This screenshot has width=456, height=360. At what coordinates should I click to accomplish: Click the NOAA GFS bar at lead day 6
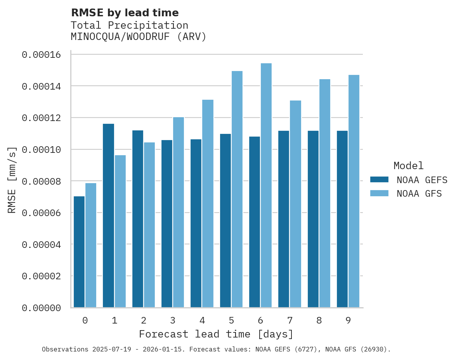pyautogui.click(x=266, y=185)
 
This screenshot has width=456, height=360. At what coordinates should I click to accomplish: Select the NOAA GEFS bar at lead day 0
pyautogui.click(x=79, y=252)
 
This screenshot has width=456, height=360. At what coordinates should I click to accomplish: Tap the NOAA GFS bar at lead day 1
pyautogui.click(x=120, y=231)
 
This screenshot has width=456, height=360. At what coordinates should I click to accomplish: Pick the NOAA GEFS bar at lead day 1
pyautogui.click(x=109, y=216)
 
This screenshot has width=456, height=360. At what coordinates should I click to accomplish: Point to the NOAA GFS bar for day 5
pyautogui.click(x=237, y=189)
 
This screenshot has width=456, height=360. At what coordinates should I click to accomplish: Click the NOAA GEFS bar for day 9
pyautogui.click(x=342, y=219)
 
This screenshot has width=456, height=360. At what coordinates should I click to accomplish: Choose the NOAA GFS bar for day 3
pyautogui.click(x=179, y=212)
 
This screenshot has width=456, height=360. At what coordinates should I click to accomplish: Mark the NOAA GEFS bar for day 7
pyautogui.click(x=284, y=219)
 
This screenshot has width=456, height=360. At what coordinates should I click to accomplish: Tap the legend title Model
pyautogui.click(x=408, y=166)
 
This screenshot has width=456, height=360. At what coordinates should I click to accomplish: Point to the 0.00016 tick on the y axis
pyautogui.click(x=42, y=55)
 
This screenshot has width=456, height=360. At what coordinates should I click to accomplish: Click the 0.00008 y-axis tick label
pyautogui.click(x=42, y=181)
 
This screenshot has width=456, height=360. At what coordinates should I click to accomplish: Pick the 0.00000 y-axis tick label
pyautogui.click(x=42, y=308)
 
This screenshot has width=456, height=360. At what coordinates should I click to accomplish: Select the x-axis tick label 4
pyautogui.click(x=202, y=320)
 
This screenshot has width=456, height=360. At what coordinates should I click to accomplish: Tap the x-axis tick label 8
pyautogui.click(x=319, y=320)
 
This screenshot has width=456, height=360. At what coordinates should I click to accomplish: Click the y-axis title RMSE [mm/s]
pyautogui.click(x=12, y=180)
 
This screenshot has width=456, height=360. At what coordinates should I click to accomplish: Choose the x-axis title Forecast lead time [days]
pyautogui.click(x=216, y=334)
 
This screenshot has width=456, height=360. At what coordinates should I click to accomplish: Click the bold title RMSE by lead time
pyautogui.click(x=125, y=13)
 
